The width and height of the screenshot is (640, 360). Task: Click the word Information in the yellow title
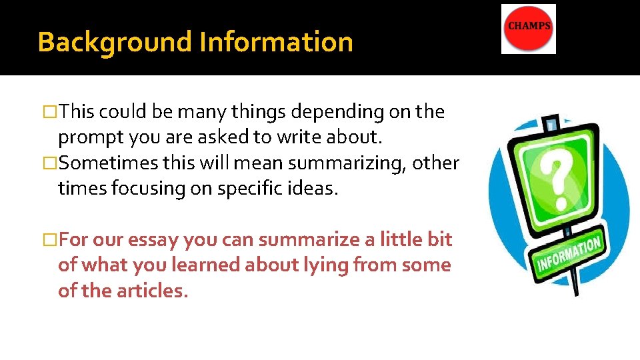point(276,42)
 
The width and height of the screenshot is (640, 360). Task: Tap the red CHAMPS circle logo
point(529,28)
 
